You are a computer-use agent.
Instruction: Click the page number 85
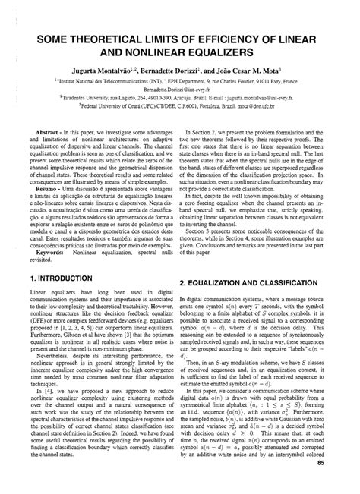click(x=343, y=483)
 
